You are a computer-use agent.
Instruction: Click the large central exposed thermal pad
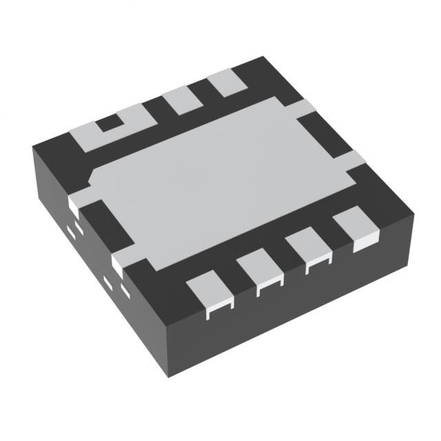(220, 179)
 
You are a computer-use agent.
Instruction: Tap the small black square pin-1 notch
(108, 124)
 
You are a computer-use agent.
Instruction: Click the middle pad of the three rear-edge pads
(183, 100)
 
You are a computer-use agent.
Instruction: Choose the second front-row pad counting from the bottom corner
(258, 272)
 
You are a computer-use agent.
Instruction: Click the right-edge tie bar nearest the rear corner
(307, 108)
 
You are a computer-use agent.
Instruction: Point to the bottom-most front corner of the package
(167, 376)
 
